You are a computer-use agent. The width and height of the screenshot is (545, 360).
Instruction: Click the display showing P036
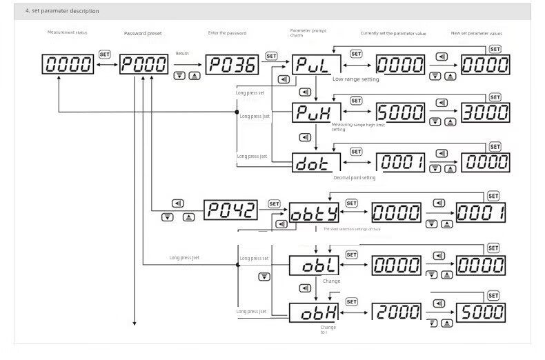point(232,65)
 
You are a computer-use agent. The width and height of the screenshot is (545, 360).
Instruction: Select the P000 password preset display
point(143,65)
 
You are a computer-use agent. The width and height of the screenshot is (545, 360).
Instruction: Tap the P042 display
point(230,210)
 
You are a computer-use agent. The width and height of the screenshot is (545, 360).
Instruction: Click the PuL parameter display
point(316,66)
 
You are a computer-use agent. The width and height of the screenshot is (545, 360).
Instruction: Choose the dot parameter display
point(316,163)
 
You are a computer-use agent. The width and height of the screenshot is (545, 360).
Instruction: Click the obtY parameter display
point(314,213)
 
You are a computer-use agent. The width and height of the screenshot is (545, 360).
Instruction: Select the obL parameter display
point(314,264)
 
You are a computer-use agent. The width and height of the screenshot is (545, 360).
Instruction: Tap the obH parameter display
point(314,312)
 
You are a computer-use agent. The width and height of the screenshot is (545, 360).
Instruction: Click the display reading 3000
point(485,114)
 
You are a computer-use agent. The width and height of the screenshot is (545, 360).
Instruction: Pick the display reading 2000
point(397,311)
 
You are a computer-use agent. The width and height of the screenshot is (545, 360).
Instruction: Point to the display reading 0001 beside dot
point(399,162)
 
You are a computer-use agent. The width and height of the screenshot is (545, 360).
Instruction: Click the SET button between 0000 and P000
point(105,54)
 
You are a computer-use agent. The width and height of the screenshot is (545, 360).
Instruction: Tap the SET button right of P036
point(271,56)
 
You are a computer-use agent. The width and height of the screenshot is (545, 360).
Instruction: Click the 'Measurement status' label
point(67,32)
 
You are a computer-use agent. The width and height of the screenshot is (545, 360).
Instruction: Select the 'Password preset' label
point(143,33)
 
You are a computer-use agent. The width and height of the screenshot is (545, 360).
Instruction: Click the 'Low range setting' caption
point(355,79)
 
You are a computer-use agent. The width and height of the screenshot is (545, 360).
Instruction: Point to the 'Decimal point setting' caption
point(355,177)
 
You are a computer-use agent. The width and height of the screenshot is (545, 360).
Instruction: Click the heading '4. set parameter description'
point(62,11)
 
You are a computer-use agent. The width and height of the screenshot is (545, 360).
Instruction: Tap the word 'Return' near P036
point(182,53)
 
